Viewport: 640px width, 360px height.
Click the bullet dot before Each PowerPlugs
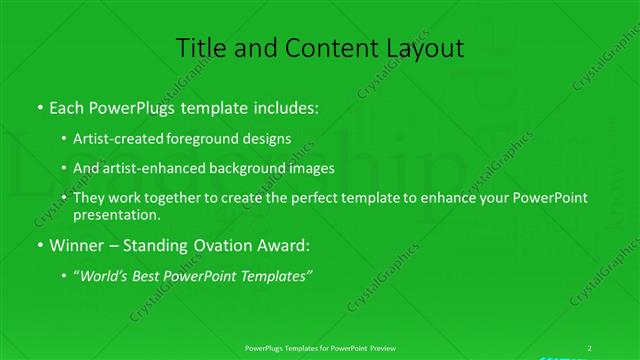coord(39,105)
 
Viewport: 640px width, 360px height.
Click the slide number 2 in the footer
coord(590,346)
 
